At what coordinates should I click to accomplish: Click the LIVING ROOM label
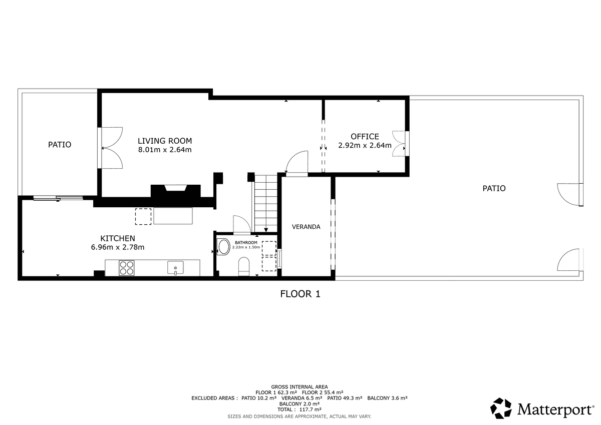coord(165,141)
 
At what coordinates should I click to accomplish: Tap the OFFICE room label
coord(365,137)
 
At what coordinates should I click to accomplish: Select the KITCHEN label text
coord(118,238)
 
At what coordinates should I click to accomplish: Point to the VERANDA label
coord(306,227)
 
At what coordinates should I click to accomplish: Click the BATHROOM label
coord(246,242)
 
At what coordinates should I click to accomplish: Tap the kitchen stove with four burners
coord(127,268)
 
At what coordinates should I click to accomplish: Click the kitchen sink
coord(175,268)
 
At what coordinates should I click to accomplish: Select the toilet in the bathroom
coord(244,266)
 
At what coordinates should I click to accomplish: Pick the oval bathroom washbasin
coord(223,247)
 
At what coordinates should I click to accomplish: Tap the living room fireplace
coord(175,191)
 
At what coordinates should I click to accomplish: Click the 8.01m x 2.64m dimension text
coord(165,150)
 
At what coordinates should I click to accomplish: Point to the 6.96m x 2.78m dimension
coord(118,247)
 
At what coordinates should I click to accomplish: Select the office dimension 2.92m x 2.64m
coord(365,145)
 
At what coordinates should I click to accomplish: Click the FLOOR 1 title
coord(300,294)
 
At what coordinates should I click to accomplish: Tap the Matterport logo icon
coord(501,408)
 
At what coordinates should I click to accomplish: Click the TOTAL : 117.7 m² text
coord(299,409)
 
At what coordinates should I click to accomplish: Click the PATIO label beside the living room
coord(60,145)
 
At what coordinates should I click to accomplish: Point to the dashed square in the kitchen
coord(143,216)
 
